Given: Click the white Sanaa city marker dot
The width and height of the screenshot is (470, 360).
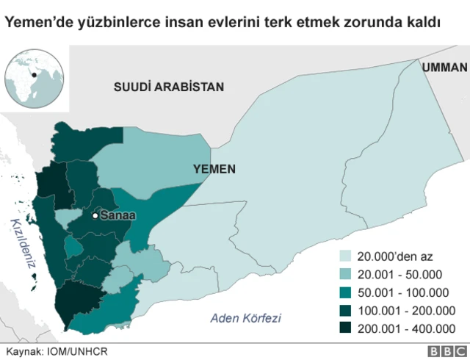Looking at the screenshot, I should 95,216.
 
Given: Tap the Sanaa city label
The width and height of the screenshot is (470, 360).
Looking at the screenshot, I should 117,216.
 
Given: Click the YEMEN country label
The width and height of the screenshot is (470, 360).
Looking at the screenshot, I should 214,169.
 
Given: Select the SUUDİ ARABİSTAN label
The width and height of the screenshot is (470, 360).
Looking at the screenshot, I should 168,87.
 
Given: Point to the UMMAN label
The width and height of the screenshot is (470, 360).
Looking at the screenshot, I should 445,67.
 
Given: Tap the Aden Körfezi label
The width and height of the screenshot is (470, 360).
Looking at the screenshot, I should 245,318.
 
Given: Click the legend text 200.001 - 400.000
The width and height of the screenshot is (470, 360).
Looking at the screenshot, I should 406,328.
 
